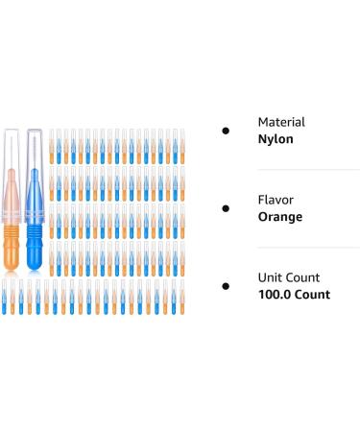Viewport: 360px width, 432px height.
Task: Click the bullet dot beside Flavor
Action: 226,207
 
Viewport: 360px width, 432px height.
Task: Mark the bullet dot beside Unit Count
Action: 226,286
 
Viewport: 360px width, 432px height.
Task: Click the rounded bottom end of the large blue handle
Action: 36,266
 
